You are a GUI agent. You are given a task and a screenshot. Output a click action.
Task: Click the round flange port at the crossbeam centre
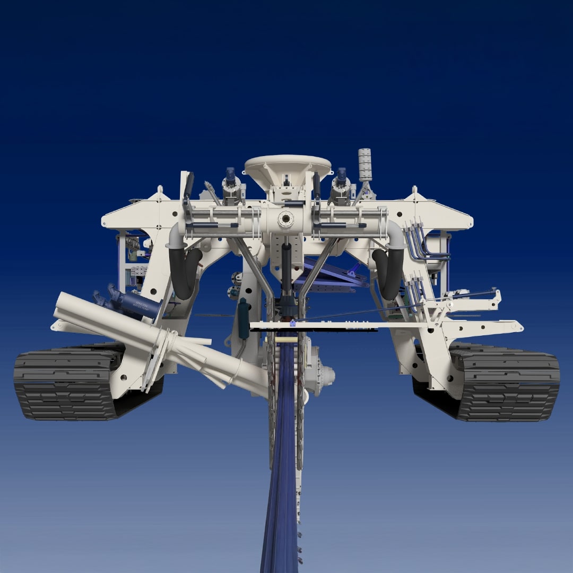coord(286,218)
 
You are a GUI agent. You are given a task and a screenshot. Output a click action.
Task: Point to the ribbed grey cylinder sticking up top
coord(364,164)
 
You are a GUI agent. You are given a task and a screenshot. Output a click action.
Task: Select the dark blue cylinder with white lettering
coord(139,305)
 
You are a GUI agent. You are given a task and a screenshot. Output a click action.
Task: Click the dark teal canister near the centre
coord(244,318)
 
